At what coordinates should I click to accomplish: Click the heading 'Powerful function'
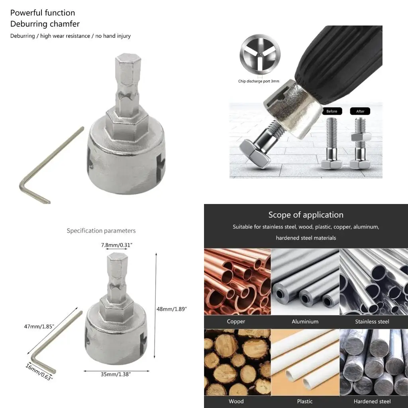[x=43, y=13]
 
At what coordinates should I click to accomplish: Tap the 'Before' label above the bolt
[x=332, y=111]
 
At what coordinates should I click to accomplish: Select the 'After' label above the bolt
[x=360, y=111]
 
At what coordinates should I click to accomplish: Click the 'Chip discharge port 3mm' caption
[x=259, y=81]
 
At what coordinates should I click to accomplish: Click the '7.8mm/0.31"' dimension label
[x=117, y=245]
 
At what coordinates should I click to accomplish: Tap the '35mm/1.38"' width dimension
[x=117, y=375]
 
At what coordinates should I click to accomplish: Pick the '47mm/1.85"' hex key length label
[x=39, y=326]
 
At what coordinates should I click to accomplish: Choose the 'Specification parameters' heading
[x=101, y=231]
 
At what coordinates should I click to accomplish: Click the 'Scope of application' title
[x=306, y=215]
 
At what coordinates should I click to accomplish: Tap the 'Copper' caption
[x=236, y=322]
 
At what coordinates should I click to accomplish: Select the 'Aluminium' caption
[x=305, y=322]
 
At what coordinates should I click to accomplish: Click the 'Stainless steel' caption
[x=372, y=322]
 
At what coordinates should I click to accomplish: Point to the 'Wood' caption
[x=236, y=401]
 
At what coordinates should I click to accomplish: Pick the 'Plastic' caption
[x=305, y=401]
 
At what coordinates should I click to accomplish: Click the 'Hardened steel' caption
[x=372, y=401]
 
